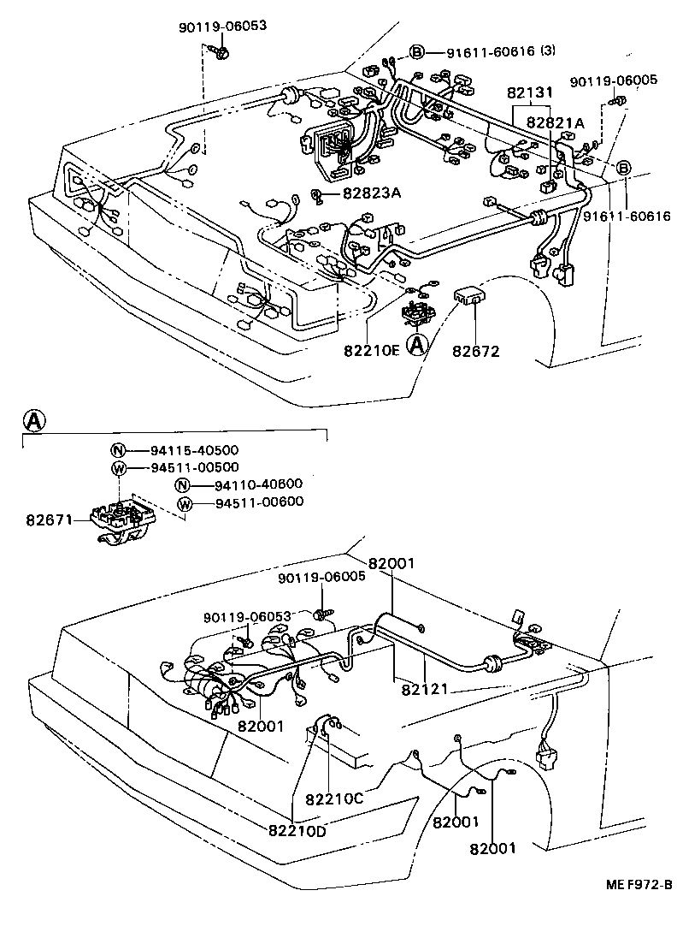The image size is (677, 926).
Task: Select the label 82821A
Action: [555, 122]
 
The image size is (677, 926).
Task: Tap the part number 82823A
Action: [371, 193]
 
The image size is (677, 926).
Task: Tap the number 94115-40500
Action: [183, 450]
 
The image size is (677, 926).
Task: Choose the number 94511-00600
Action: [259, 502]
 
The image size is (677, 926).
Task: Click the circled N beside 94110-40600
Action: [182, 485]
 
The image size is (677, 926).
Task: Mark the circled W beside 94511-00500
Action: [119, 467]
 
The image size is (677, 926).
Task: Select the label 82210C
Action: [334, 798]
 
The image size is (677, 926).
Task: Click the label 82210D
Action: [296, 829]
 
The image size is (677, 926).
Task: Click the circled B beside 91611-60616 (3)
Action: [417, 52]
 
